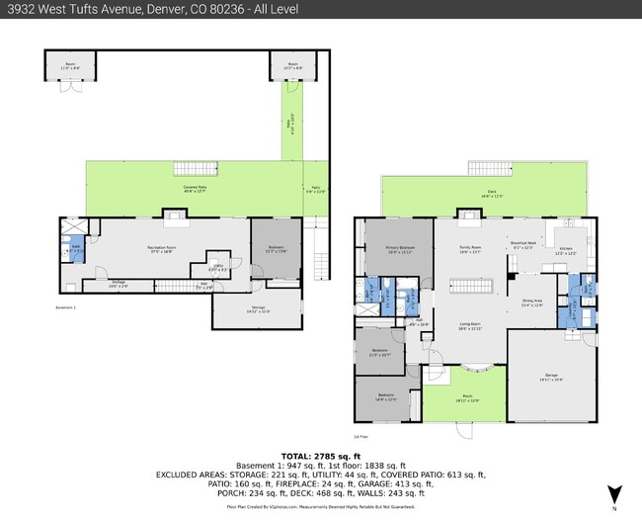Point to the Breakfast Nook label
coord(523,245)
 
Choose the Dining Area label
coord(531,303)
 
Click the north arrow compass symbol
coord(614,491)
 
